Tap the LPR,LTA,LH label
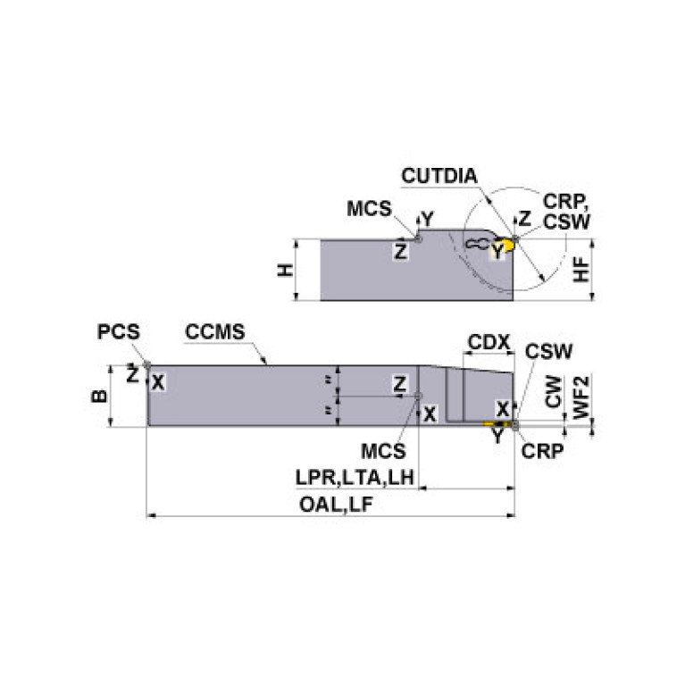(355, 478)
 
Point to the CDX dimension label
(489, 343)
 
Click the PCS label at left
(118, 330)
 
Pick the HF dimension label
(581, 269)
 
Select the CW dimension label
(555, 397)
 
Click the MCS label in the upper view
(370, 208)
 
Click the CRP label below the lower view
(543, 451)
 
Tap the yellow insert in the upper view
(505, 244)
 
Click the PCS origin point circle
(146, 364)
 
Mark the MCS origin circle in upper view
(418, 238)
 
